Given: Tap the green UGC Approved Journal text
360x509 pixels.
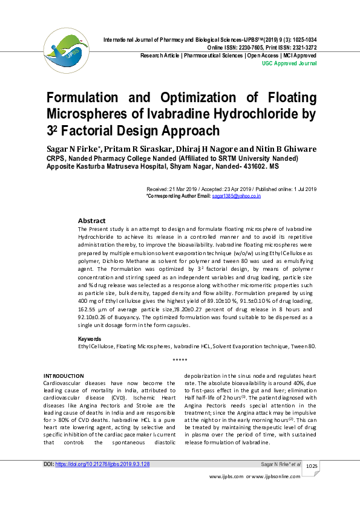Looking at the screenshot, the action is (290, 63).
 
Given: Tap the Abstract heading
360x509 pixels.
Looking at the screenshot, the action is (91, 221).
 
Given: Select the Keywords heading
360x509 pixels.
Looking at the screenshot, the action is (90, 339).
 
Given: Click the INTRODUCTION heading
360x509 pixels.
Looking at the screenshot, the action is (64, 375).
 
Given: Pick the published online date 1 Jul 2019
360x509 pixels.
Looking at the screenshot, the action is (303, 189).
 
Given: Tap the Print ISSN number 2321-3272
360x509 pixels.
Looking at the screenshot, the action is (301, 47).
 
